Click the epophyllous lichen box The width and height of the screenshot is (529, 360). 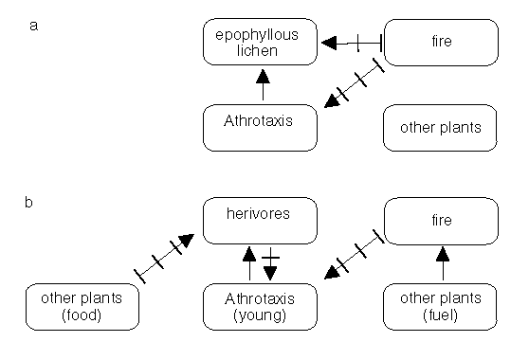click(x=260, y=43)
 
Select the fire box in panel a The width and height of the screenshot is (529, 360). click(x=441, y=43)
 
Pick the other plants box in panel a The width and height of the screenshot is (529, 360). click(x=441, y=127)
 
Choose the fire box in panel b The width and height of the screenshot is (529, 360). click(x=441, y=220)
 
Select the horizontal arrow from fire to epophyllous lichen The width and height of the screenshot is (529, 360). click(x=351, y=42)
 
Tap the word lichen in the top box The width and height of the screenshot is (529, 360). click(x=259, y=50)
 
